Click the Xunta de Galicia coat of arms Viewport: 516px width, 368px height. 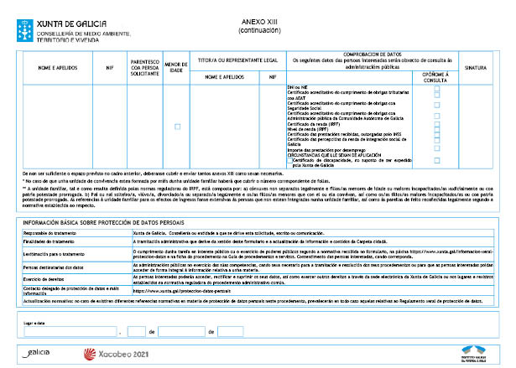point(14,17)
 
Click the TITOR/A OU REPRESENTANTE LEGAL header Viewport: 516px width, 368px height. point(237,60)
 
